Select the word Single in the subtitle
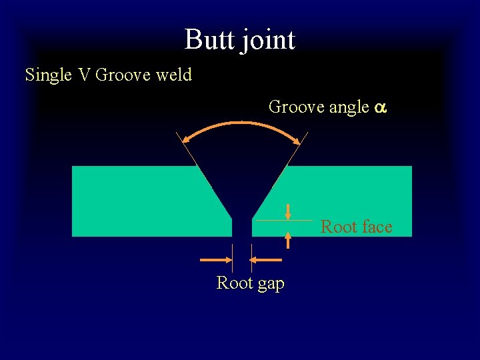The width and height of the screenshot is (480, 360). [49, 75]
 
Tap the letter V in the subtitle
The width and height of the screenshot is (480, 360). [83, 75]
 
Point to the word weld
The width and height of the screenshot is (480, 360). [174, 75]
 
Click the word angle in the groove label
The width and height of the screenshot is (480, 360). [349, 107]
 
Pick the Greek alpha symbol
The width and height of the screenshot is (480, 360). [379, 107]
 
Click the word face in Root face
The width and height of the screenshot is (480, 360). [376, 227]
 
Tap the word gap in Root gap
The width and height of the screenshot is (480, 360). [269, 284]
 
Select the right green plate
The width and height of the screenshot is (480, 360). [347, 193]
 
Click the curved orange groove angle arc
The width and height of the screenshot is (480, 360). [242, 123]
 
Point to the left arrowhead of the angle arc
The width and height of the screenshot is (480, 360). [189, 139]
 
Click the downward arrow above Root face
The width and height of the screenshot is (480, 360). [288, 212]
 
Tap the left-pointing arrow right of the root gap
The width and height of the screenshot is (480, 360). [270, 259]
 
